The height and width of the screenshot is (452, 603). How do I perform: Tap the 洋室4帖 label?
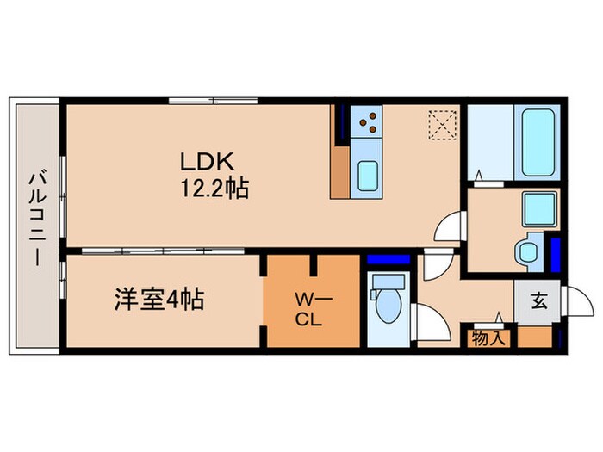coord(159,301)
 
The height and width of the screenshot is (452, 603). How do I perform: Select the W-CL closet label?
coord(308,308)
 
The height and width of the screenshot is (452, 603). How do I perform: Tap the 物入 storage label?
coord(489,338)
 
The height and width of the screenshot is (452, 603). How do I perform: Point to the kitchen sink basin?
coord(367,177)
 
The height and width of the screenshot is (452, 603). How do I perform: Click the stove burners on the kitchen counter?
coord(370,121)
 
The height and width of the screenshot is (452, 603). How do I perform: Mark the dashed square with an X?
coord(442,124)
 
